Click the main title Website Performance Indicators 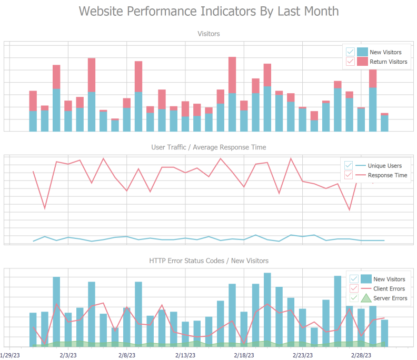pos(208,11)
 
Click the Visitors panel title pos(208,34)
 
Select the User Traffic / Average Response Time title pos(208,147)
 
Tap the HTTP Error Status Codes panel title pos(208,261)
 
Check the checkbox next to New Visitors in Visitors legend pos(350,52)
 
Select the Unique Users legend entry pos(384,165)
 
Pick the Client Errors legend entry pos(389,288)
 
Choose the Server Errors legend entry pos(390,298)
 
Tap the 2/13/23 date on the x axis pos(185,356)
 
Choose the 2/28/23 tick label pos(362,356)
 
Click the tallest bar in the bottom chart pos(267,309)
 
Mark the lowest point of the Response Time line pos(349,210)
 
